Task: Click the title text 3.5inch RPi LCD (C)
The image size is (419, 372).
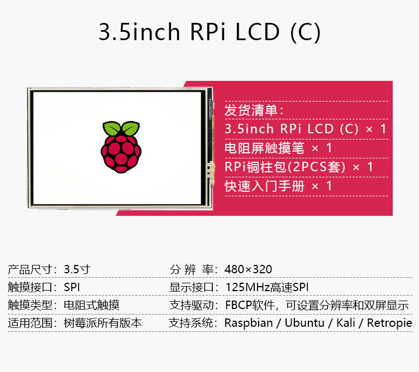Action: (209, 32)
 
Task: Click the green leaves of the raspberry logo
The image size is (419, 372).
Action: (121, 128)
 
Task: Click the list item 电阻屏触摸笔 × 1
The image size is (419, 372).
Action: (278, 148)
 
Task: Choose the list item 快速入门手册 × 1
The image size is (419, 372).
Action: (278, 186)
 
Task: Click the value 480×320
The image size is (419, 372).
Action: (248, 269)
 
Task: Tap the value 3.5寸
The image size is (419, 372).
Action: (77, 269)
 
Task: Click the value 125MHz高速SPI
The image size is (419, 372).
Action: (266, 287)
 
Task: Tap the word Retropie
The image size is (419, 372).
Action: (390, 323)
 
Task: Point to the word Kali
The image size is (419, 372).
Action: (346, 323)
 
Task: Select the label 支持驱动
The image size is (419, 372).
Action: (191, 305)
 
